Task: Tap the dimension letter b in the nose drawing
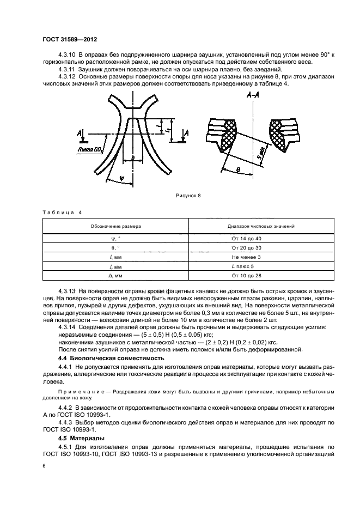(132, 157)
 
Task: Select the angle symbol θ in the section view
(238, 169)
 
